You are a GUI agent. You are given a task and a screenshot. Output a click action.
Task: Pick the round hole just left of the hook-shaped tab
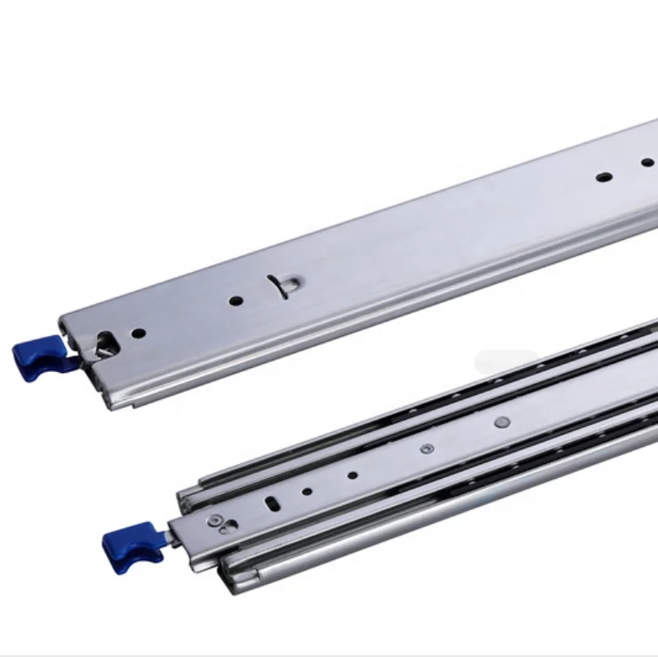coord(236,301)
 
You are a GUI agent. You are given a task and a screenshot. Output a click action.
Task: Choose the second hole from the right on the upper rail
coord(604,176)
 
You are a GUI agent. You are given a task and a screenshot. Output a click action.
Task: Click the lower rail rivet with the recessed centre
coord(426,448)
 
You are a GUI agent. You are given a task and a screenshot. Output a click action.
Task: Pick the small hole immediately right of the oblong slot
coord(306,491)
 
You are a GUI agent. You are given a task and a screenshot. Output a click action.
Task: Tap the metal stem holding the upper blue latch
coord(72,359)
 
